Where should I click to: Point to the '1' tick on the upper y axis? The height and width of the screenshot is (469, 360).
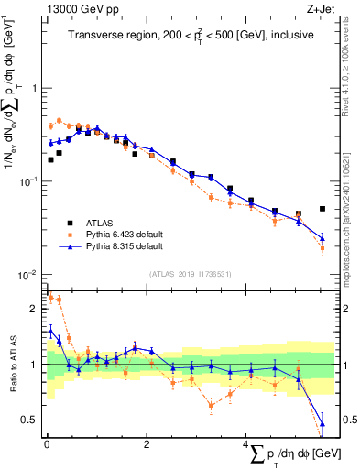36,89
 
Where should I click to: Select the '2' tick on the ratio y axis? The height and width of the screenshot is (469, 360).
36,309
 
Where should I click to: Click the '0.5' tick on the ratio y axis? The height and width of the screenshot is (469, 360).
31,420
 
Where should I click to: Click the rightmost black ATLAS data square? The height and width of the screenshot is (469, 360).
322,209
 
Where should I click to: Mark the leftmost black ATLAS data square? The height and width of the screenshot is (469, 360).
50,159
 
